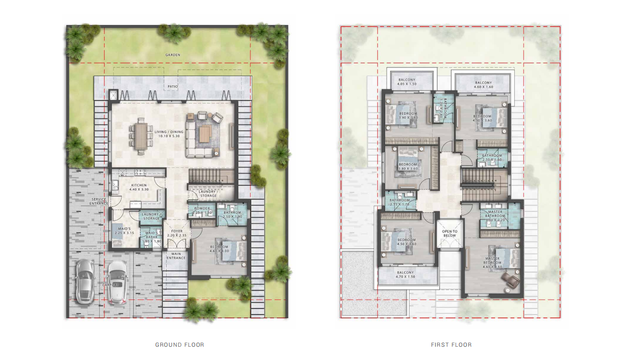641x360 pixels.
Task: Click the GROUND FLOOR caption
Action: [x=179, y=345]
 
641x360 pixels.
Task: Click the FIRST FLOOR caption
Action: [x=451, y=345]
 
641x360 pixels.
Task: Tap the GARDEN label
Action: [x=173, y=55]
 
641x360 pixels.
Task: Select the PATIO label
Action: [x=173, y=87]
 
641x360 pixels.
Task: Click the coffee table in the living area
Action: [x=205, y=134]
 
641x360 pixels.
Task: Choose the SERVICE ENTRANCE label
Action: [x=99, y=201]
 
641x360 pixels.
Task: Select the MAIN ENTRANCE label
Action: [x=176, y=255]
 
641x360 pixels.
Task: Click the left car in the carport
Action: [x=84, y=281]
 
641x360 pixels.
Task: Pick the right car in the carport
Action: [x=117, y=282]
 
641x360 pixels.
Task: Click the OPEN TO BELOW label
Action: [x=449, y=233]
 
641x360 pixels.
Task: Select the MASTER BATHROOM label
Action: [x=495, y=214]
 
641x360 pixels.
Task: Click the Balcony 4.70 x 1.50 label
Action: [x=406, y=275]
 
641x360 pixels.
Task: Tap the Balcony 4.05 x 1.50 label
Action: [x=407, y=82]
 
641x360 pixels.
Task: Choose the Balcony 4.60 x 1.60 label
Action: [x=483, y=85]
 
